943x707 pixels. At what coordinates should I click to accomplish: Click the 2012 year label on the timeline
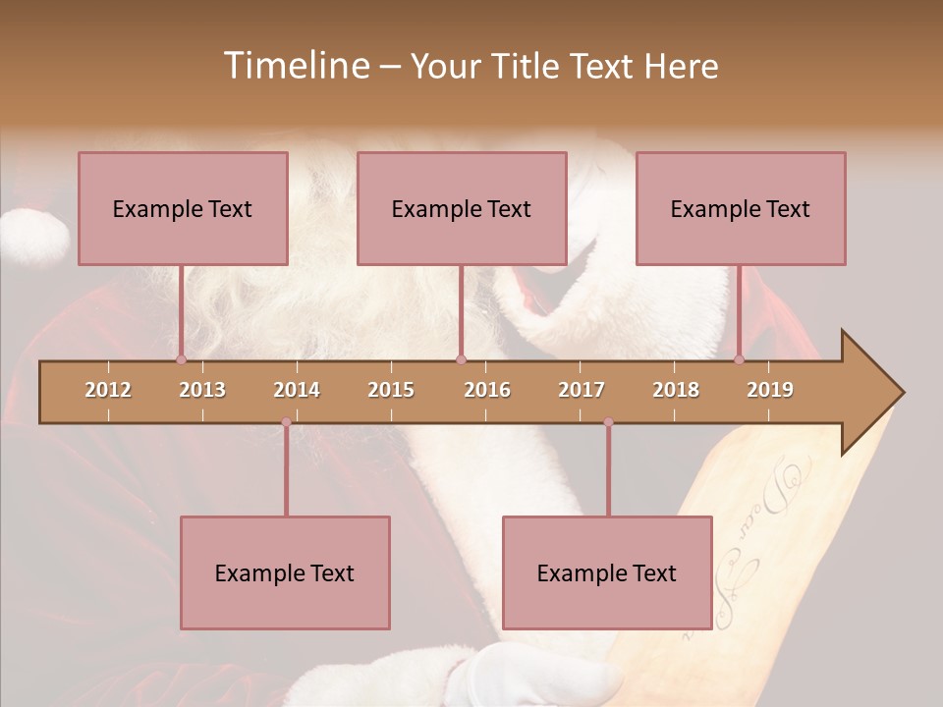[x=108, y=390]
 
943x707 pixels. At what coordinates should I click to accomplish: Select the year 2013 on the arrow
[x=202, y=390]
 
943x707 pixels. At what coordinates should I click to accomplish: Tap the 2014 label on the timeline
[x=297, y=390]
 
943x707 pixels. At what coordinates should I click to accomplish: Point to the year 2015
[x=391, y=390]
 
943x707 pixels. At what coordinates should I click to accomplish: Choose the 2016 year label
[x=487, y=390]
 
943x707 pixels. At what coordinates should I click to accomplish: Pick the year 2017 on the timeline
[x=582, y=390]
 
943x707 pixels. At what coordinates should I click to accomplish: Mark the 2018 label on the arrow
[x=676, y=390]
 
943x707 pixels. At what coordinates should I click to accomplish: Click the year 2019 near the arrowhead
[x=770, y=390]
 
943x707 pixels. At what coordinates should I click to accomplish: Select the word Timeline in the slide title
[x=295, y=66]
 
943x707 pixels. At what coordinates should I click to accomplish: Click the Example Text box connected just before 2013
[x=183, y=208]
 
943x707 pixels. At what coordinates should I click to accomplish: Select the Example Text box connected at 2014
[x=285, y=572]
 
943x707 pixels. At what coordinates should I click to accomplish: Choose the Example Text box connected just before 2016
[x=462, y=208]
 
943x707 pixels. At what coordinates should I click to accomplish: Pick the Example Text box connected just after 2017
[x=607, y=572]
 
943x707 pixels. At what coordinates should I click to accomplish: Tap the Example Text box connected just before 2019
[x=741, y=208]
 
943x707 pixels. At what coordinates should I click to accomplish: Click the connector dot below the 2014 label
[x=286, y=422]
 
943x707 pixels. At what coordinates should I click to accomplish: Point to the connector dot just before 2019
[x=740, y=359]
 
